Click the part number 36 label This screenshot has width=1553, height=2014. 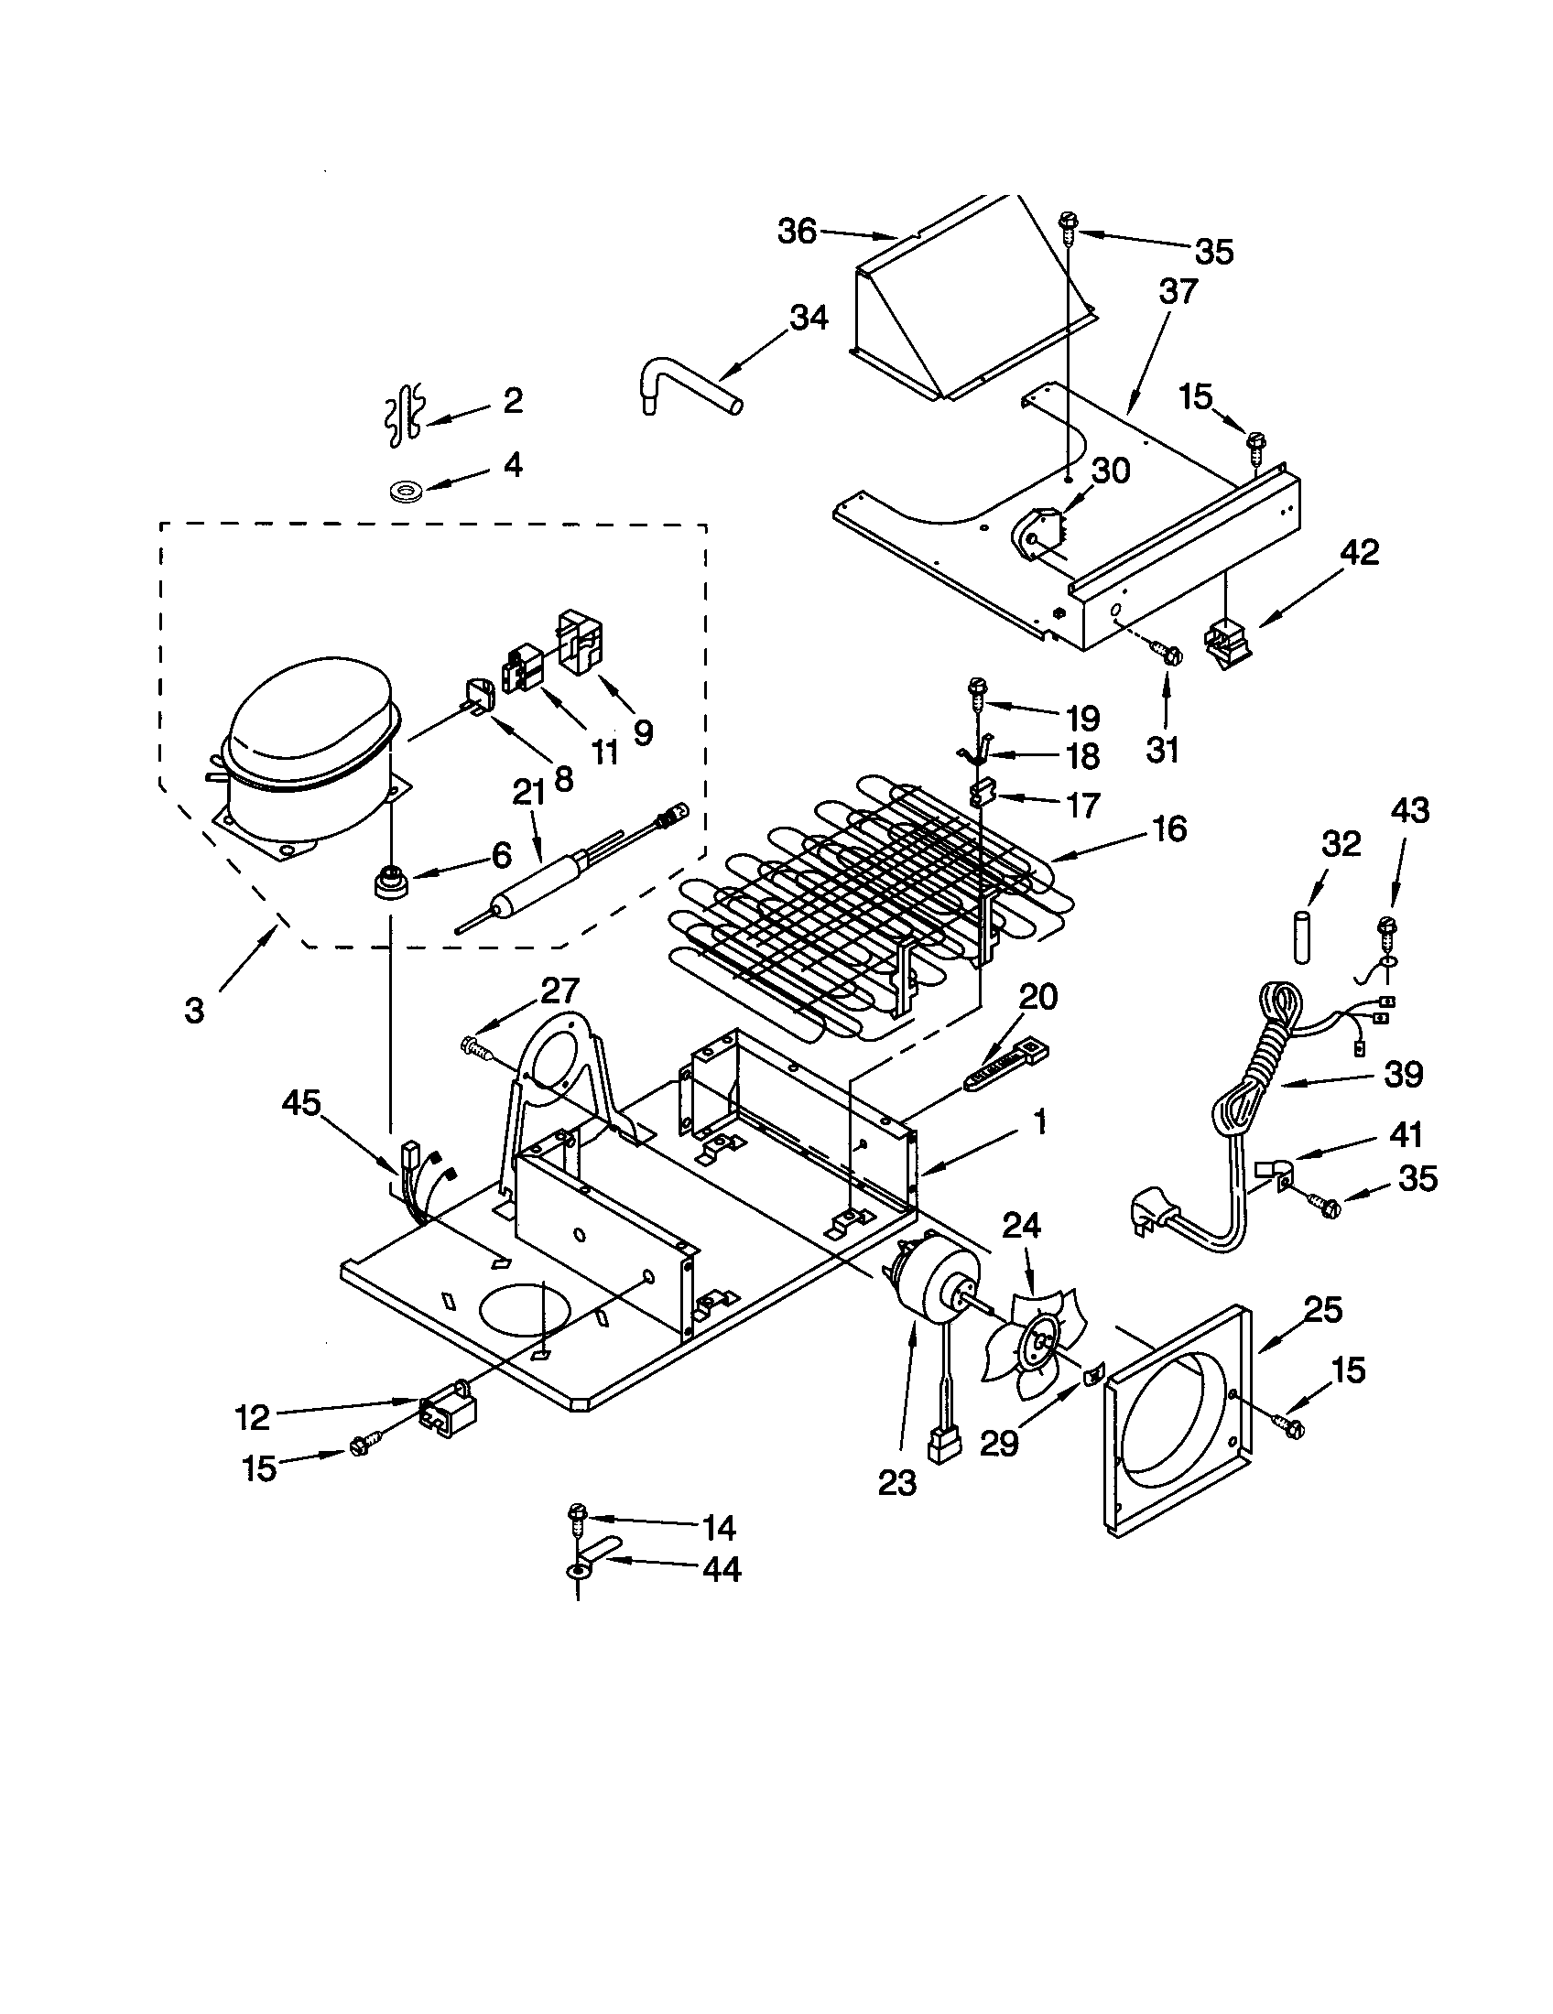(x=797, y=231)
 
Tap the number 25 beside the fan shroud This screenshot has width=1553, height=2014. (x=1322, y=1308)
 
